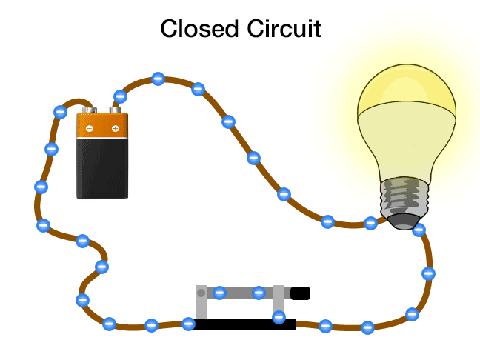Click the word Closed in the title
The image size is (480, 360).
tap(197, 29)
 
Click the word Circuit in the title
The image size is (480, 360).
tap(282, 29)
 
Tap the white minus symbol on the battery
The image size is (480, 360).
tap(90, 129)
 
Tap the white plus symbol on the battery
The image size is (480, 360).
tap(115, 129)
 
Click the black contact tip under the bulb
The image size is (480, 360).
tap(404, 221)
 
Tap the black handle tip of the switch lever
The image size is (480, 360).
tap(300, 293)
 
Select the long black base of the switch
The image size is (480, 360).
tap(244, 324)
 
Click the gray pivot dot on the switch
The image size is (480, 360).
tap(201, 293)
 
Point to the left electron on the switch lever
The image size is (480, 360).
tap(219, 293)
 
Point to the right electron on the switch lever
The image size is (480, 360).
tap(259, 293)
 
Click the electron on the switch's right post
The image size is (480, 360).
tap(279, 318)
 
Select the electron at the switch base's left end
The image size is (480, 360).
tap(188, 323)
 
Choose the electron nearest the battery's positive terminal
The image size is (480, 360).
tap(120, 96)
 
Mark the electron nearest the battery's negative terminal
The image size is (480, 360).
tap(61, 112)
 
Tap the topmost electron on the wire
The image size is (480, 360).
tap(158, 79)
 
